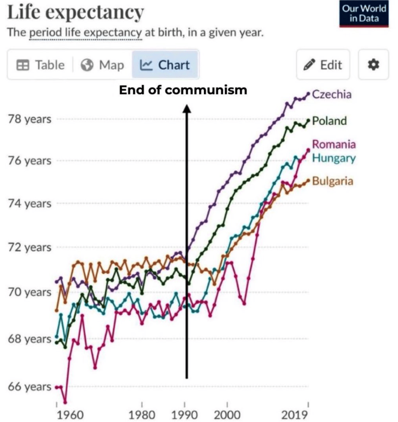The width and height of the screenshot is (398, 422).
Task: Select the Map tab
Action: point(103,65)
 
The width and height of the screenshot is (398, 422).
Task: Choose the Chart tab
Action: point(165,65)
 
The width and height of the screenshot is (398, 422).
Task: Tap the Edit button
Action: point(323,65)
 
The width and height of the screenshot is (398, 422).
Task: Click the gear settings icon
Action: point(374,65)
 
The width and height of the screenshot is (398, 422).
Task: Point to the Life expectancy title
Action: point(75,12)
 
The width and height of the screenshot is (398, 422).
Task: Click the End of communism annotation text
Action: point(183,90)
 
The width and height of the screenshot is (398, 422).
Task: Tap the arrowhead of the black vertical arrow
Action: point(187,108)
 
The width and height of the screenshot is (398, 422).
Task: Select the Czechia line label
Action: point(332,94)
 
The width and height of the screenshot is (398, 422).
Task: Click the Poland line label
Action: point(329,121)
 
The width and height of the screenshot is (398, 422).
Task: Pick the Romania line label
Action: point(334,144)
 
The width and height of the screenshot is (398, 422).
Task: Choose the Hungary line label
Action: point(334,158)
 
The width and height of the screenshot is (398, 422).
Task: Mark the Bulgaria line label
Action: point(333,181)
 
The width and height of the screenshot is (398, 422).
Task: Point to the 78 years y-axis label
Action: point(30,120)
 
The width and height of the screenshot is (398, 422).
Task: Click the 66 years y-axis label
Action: point(30,387)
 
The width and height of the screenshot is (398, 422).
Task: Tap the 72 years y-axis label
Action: point(30,247)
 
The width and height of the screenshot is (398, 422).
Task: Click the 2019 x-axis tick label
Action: point(294,415)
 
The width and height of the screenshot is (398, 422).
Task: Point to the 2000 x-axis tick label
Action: point(227,415)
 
